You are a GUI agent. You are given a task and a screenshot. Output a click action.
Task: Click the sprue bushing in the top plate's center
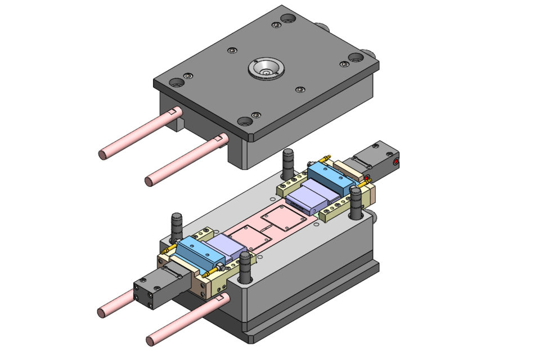265,69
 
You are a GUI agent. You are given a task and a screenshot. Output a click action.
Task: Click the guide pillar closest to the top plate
288,164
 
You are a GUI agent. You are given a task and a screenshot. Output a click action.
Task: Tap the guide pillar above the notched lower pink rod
245,268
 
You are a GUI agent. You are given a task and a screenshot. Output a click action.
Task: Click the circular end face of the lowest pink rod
151,340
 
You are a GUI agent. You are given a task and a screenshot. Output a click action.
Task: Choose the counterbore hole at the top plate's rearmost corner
288,19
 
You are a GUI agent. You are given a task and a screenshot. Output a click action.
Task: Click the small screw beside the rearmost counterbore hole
275,25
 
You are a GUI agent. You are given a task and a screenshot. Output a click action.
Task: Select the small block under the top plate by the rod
178,123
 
